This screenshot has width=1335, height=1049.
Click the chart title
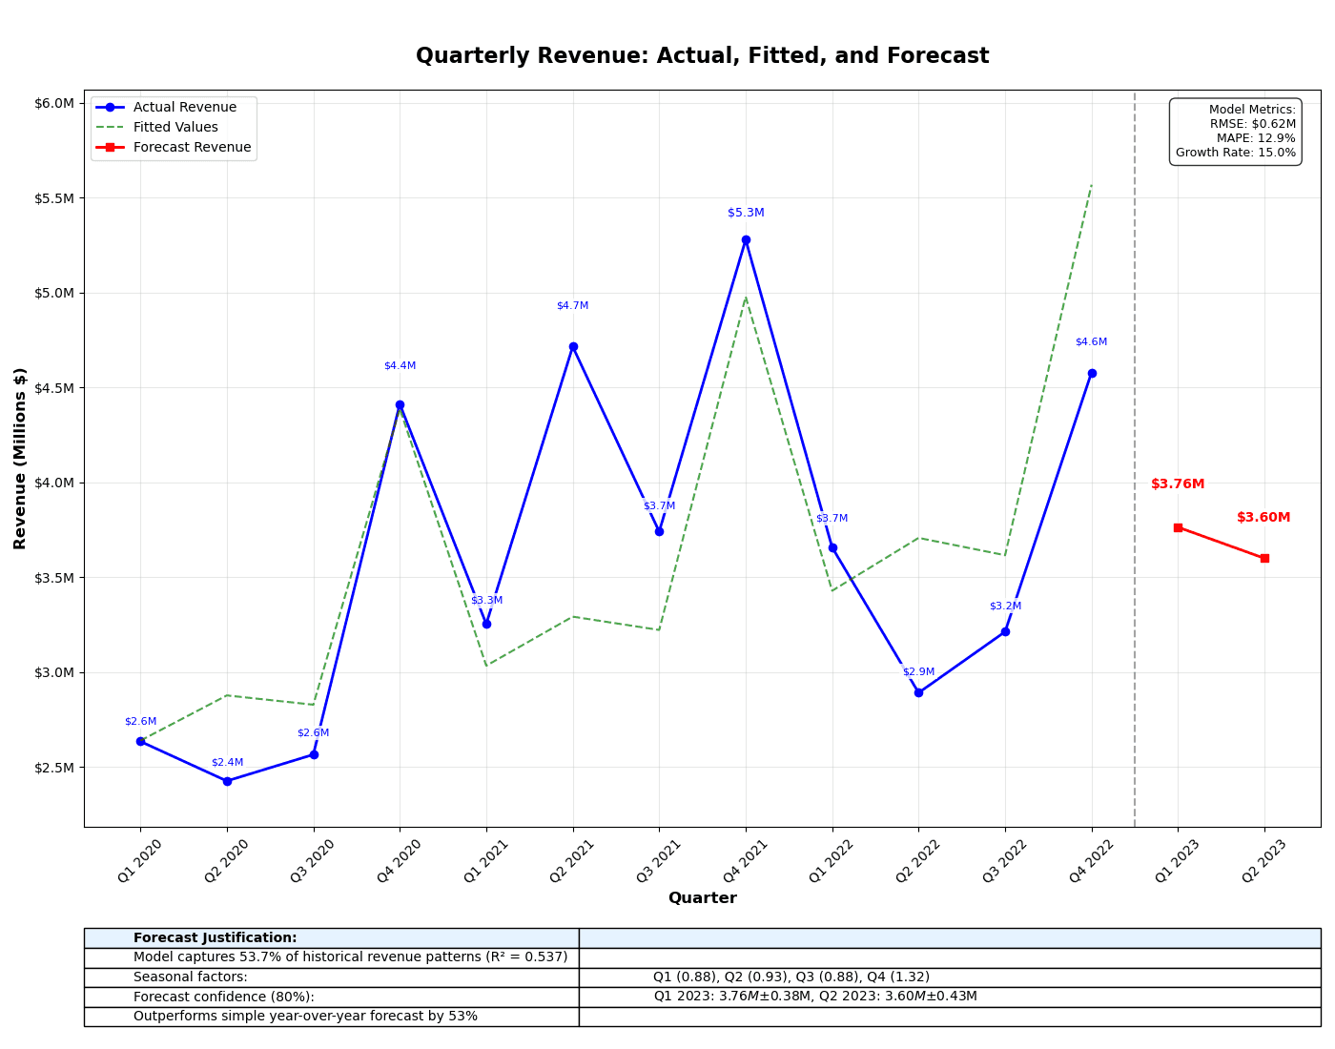(x=702, y=56)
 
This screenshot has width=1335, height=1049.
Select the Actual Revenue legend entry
(x=184, y=108)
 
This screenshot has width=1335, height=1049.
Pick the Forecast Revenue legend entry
(x=192, y=148)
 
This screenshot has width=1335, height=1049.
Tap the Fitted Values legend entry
(x=175, y=128)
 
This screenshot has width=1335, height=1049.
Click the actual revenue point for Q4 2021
(x=746, y=240)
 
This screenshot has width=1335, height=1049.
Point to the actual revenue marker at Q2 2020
(x=227, y=781)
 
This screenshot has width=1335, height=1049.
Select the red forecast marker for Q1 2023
(x=1178, y=527)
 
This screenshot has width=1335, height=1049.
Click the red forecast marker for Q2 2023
(x=1264, y=558)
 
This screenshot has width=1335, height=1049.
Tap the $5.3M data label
(x=746, y=214)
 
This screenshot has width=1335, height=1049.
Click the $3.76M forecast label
(x=1178, y=484)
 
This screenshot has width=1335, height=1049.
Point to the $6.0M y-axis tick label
(x=53, y=103)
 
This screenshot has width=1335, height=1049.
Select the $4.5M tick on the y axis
(x=53, y=388)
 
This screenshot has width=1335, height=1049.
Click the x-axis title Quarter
(x=702, y=898)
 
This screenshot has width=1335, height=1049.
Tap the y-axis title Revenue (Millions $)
(x=20, y=458)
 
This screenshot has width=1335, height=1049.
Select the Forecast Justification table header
(x=216, y=938)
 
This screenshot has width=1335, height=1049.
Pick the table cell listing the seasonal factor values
(x=791, y=977)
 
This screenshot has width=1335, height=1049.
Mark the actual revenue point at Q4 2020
(x=400, y=405)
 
